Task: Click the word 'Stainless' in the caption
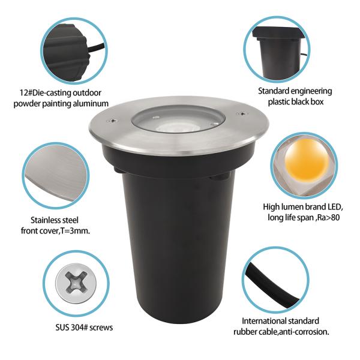tap(47, 220)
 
